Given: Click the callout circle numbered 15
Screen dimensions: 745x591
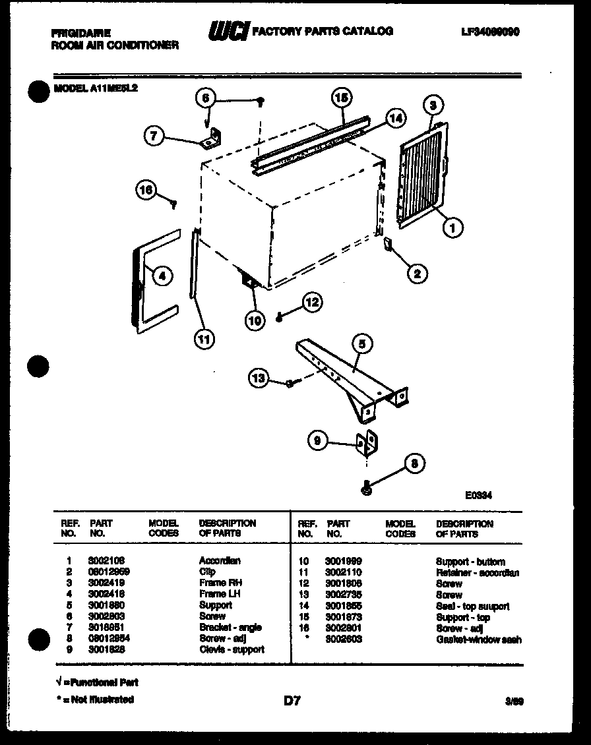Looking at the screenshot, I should click(x=340, y=98).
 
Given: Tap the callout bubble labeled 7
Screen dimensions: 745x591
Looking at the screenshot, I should click(x=154, y=136).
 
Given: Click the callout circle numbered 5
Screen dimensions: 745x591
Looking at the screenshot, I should click(x=361, y=343).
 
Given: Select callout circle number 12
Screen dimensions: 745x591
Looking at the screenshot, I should click(x=312, y=302).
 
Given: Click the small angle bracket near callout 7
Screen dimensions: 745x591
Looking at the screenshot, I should click(x=212, y=138).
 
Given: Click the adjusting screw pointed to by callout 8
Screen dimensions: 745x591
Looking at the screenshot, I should click(x=366, y=489).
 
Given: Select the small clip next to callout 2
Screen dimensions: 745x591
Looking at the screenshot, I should click(x=389, y=245).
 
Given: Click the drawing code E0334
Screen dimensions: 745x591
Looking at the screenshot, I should click(x=478, y=495).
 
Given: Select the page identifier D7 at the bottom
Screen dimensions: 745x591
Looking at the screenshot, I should click(x=292, y=701).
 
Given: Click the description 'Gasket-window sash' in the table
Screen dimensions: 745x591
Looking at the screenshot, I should click(x=478, y=640).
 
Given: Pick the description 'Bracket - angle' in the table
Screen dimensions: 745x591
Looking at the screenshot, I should click(x=230, y=628).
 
